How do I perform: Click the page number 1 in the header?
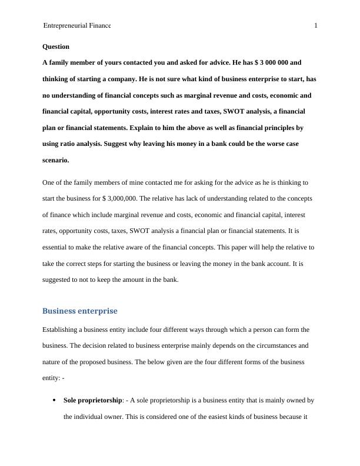(x=316, y=26)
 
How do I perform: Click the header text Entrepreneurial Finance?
(x=76, y=26)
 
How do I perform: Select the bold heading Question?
(x=56, y=46)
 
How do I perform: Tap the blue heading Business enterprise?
(x=80, y=311)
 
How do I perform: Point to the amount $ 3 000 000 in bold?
(x=271, y=62)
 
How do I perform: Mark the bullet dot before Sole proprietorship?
(x=54, y=401)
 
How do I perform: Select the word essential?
(x=59, y=248)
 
